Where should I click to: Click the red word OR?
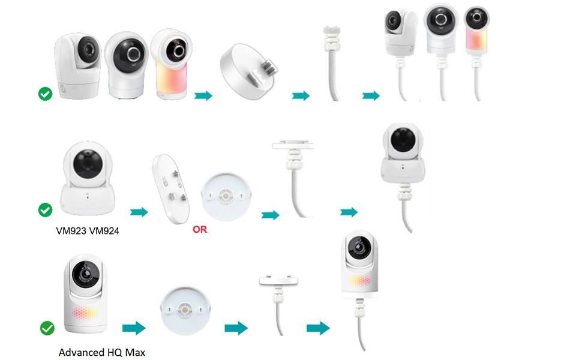point(200,229)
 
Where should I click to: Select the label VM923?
point(71,231)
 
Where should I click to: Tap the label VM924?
point(104,231)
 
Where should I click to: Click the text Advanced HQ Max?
point(102,352)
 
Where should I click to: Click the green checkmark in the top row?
point(45,94)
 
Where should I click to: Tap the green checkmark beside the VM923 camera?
point(45,209)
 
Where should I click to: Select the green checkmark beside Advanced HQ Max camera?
point(47,328)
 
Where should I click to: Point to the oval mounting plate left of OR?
point(171,189)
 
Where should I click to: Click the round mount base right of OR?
point(226,196)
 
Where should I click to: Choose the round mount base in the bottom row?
point(185,310)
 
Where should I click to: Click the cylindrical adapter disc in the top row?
point(248,71)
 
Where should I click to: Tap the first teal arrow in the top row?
point(203,96)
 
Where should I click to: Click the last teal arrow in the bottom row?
point(318,328)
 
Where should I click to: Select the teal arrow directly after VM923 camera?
point(139,212)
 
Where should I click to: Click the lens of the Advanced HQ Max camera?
point(86,275)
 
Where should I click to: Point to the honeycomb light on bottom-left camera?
point(85,313)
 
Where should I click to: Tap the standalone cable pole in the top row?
point(332,63)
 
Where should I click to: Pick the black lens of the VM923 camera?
point(88,164)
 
